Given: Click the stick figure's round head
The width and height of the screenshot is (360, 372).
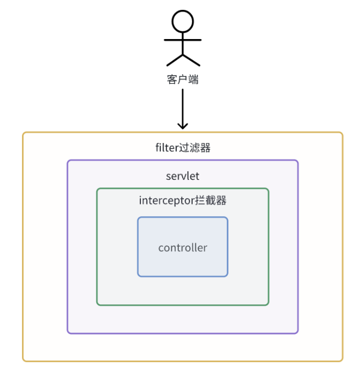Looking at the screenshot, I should click(183, 21).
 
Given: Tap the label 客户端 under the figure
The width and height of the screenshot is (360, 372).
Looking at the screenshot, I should click(183, 80).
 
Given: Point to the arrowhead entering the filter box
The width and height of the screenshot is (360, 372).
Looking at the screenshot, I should click(183, 125).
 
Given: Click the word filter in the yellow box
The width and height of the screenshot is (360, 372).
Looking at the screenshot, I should click(166, 148).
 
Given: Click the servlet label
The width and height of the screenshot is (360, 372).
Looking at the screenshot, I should click(183, 177).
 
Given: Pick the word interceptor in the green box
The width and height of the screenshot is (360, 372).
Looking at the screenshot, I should click(166, 201).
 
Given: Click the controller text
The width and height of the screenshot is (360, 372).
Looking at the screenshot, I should click(183, 248).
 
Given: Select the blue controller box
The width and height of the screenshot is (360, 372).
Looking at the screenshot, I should click(183, 264).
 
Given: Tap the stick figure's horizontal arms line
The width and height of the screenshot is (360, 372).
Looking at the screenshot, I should click(183, 40).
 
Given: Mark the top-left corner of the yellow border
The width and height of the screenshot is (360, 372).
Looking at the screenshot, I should click(24, 133).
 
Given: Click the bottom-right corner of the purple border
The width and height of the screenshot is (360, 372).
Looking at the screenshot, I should click(297, 332).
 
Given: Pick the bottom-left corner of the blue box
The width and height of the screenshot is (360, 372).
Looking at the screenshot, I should click(139, 275).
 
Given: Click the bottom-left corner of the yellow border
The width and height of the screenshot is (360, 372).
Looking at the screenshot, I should click(24, 360).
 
